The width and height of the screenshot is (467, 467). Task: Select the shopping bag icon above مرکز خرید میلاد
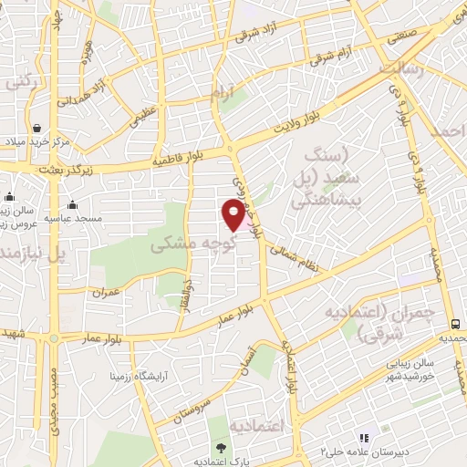[x=36, y=129]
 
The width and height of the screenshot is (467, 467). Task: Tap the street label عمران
[x=106, y=292]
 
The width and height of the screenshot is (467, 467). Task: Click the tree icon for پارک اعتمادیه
[x=221, y=447]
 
